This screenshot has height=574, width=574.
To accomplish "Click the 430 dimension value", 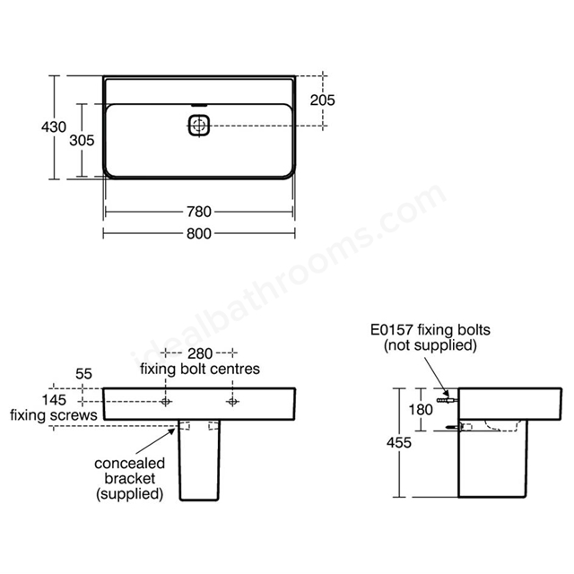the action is [54, 127].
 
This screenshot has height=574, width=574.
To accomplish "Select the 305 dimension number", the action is [82, 140].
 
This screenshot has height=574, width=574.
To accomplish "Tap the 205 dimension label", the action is [322, 100].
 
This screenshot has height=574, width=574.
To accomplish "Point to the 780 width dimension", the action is [199, 212].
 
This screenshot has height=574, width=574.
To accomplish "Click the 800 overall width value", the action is [199, 233].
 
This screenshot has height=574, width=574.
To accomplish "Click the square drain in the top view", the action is [199, 126].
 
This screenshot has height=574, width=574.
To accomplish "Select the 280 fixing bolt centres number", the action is [200, 353].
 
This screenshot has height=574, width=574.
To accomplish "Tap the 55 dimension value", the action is [83, 374].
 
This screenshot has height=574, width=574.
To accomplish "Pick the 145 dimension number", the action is [54, 400].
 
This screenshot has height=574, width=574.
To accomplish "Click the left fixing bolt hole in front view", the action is [165, 402].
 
